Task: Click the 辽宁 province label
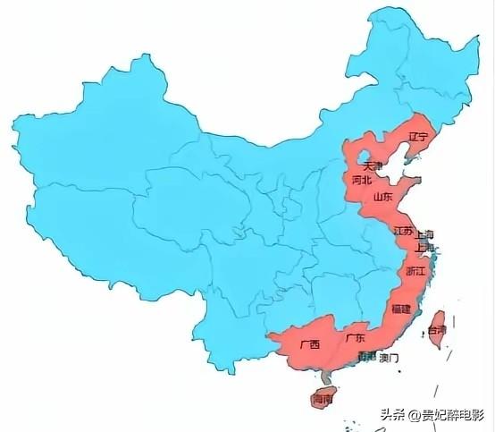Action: coord(418,137)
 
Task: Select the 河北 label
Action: coord(362,180)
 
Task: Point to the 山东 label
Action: coord(382,196)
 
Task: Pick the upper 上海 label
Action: coord(424,233)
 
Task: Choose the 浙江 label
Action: coord(415,269)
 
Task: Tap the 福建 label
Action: coord(400,309)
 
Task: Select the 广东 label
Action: coord(355,338)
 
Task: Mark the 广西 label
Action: coord(310,343)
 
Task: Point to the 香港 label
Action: coord(366,357)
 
